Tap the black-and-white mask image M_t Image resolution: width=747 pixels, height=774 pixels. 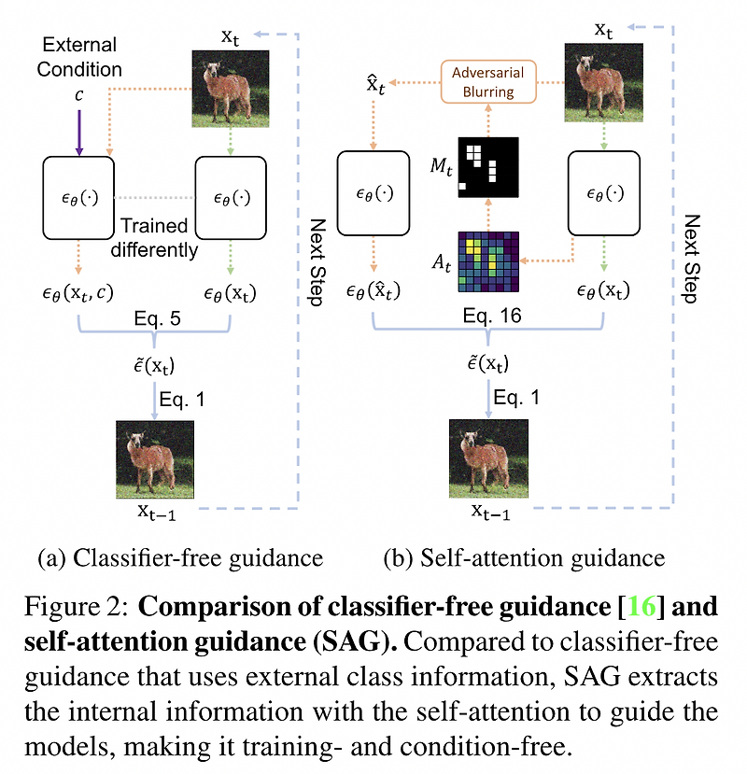[x=487, y=167]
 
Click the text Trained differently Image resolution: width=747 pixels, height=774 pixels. [x=153, y=237]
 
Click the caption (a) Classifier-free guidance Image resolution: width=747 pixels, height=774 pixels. [x=179, y=558]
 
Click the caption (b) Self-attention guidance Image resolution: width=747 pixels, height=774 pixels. [x=524, y=558]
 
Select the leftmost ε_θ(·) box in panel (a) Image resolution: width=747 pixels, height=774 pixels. [x=79, y=197]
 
